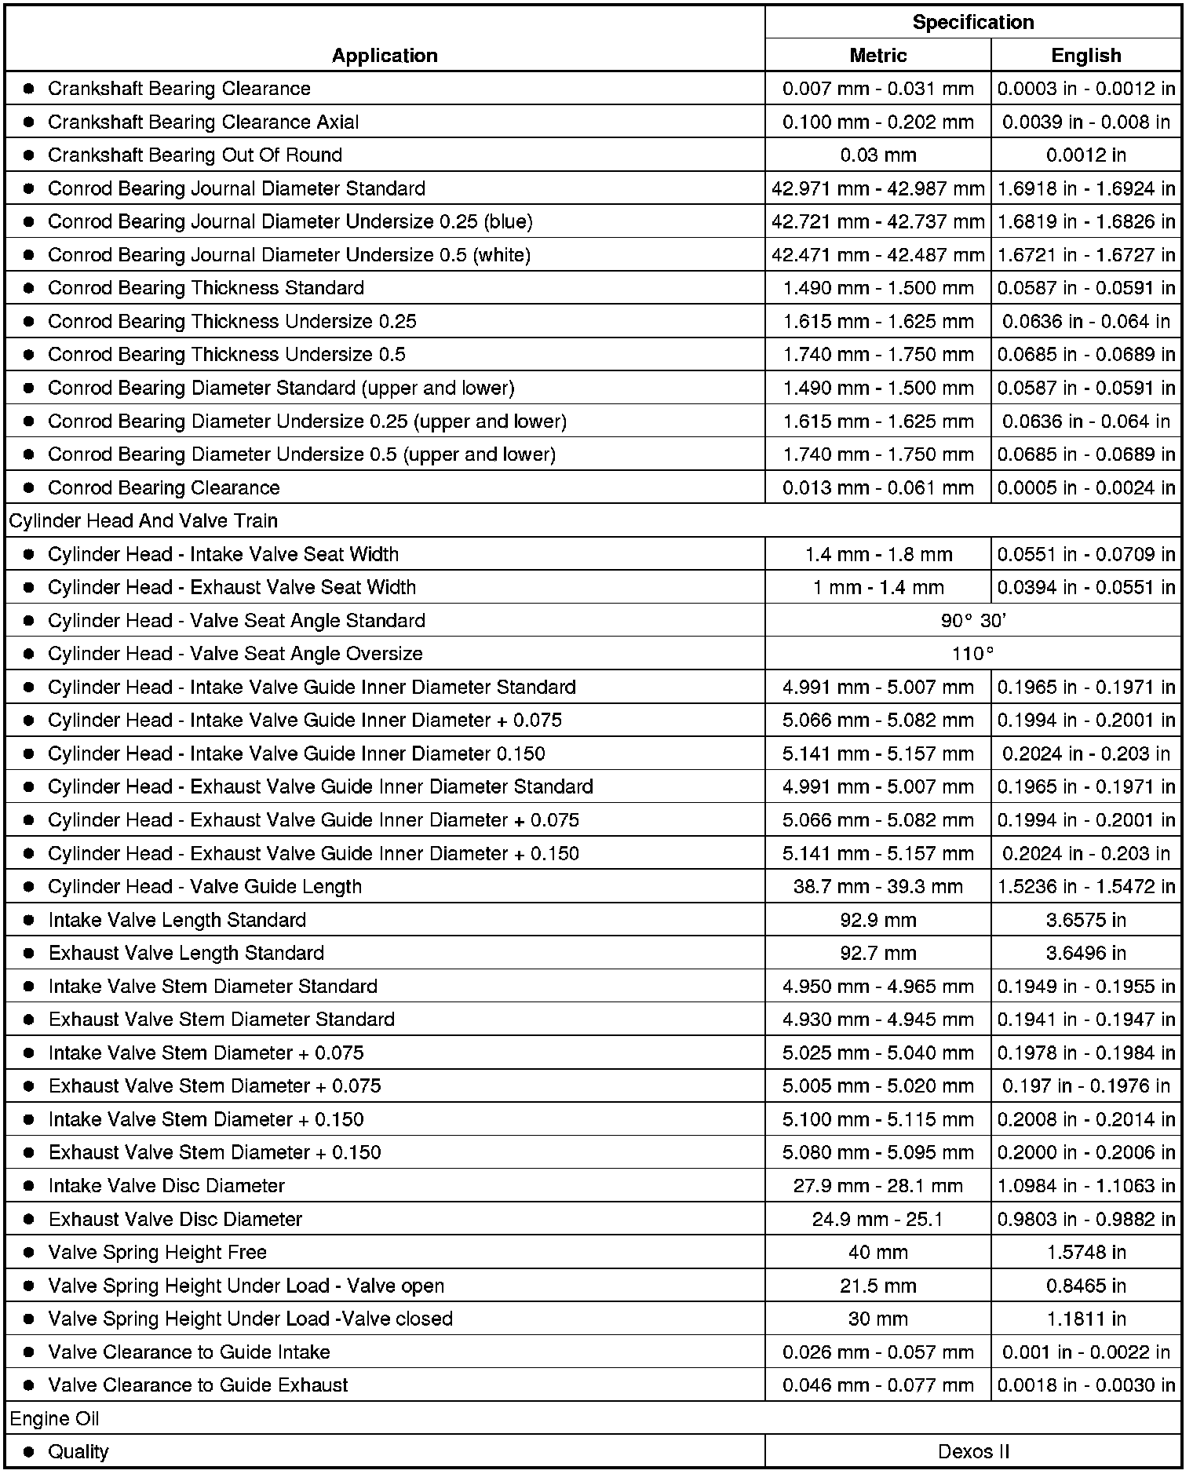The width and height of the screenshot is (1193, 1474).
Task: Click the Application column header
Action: click(x=384, y=56)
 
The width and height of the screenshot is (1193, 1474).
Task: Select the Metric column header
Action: click(x=877, y=56)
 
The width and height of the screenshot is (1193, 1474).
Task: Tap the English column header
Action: click(x=1085, y=56)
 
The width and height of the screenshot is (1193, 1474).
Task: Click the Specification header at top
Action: click(x=972, y=22)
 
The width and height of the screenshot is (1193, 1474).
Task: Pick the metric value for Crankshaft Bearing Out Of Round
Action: click(x=877, y=155)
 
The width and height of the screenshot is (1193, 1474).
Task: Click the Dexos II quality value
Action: click(x=973, y=1451)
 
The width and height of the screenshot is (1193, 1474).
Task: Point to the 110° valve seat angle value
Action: click(x=973, y=654)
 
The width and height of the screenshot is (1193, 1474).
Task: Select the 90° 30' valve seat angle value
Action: click(x=973, y=621)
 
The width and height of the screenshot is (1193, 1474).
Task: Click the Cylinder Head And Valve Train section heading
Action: click(x=144, y=521)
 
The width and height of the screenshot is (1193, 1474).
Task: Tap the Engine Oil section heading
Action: click(x=54, y=1418)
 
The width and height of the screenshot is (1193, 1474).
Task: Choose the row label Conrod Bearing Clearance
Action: click(x=163, y=488)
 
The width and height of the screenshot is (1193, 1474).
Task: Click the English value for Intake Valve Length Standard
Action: click(x=1085, y=920)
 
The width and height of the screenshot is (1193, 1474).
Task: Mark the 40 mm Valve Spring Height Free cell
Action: click(x=877, y=1252)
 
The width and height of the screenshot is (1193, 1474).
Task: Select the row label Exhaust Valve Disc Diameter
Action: click(x=175, y=1219)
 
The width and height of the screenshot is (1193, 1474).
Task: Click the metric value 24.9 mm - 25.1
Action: click(x=877, y=1219)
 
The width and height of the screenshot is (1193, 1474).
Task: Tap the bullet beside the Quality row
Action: click(x=29, y=1452)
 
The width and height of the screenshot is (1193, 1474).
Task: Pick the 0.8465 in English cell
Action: click(x=1085, y=1286)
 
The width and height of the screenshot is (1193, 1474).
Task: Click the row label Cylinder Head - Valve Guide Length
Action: click(x=204, y=887)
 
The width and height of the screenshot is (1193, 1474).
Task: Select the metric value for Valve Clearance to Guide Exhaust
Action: click(x=877, y=1385)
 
